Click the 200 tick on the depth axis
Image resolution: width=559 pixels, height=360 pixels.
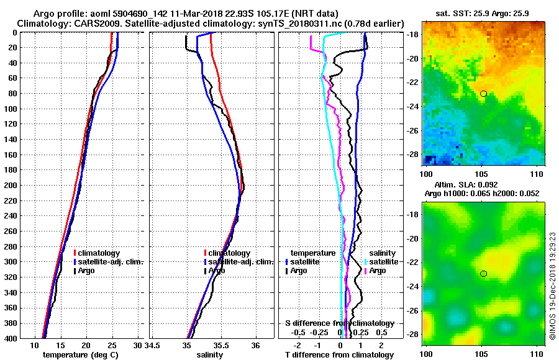click(x=12, y=185)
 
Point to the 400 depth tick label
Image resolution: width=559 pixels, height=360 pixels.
click(x=12, y=338)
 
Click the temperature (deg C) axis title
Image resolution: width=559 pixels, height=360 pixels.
click(x=80, y=354)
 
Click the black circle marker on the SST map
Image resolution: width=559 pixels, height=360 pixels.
click(x=483, y=94)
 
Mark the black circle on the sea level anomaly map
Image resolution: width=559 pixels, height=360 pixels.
click(x=483, y=274)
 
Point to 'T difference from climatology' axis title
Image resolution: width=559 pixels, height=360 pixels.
click(x=339, y=354)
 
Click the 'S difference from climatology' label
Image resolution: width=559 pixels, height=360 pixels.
click(x=339, y=323)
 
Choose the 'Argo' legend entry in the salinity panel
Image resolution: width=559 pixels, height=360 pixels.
click(x=217, y=271)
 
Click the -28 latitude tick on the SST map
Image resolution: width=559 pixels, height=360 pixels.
click(x=413, y=154)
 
